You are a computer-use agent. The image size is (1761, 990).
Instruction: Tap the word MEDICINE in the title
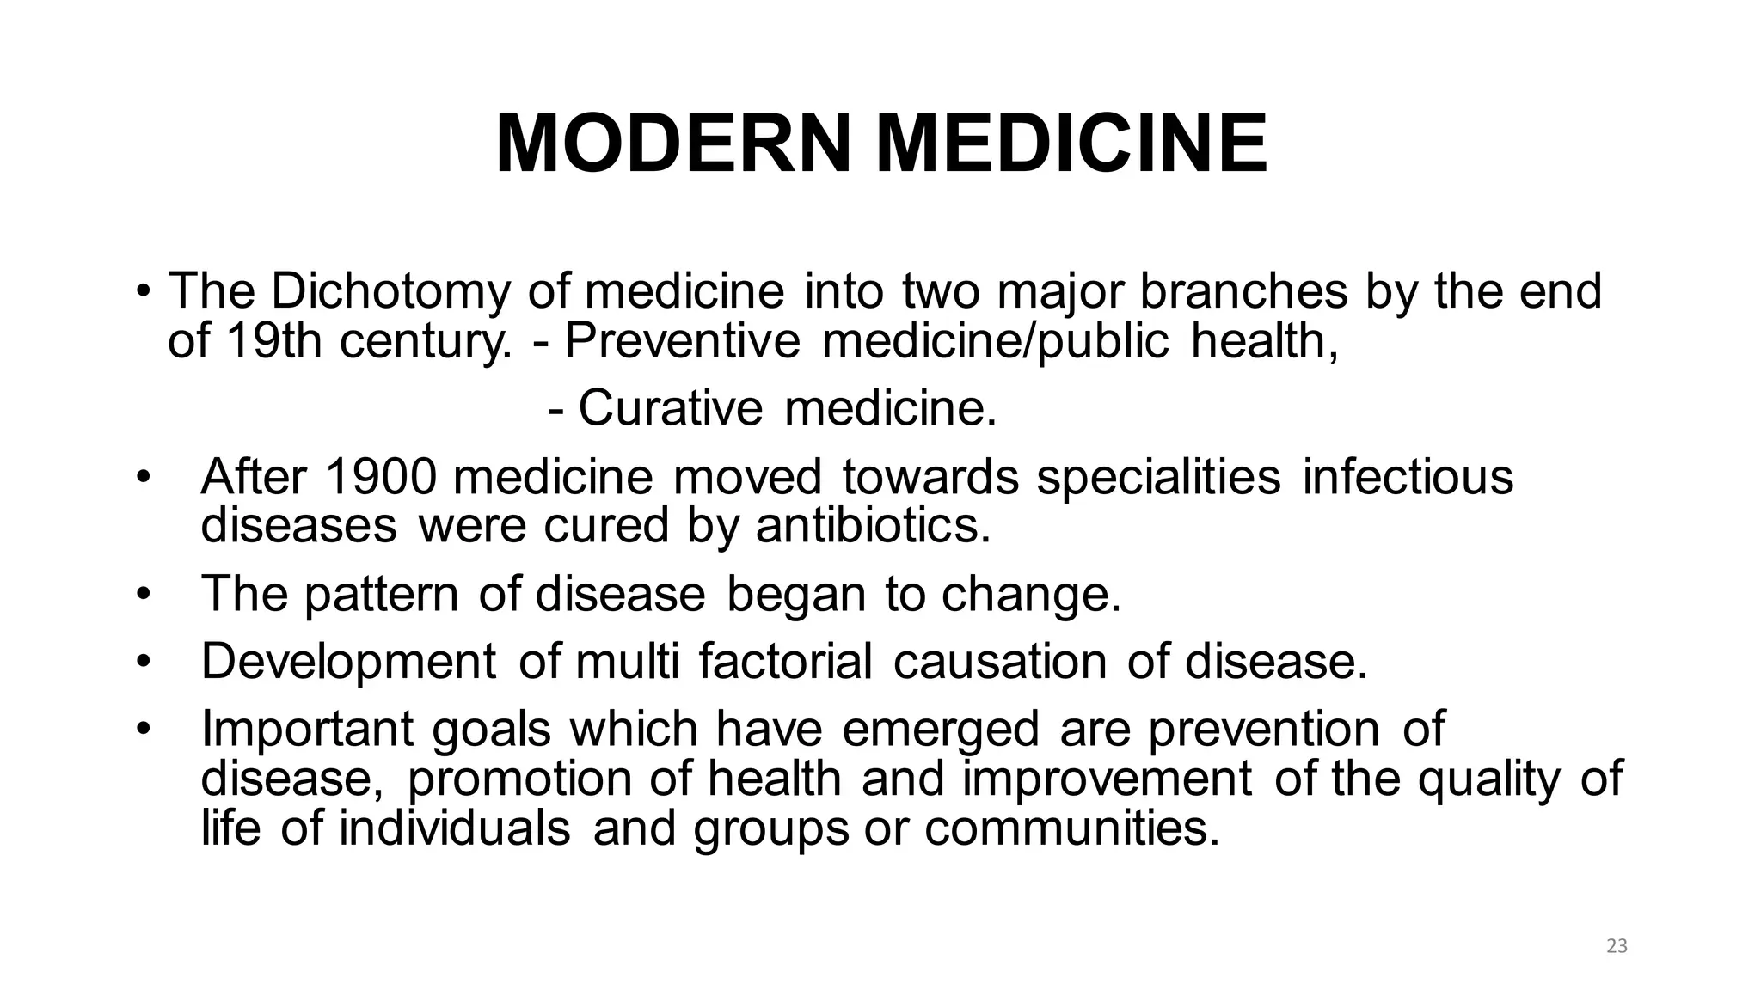(1071, 143)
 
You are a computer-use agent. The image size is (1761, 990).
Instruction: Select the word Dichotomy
(390, 291)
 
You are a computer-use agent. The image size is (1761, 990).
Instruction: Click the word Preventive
(682, 341)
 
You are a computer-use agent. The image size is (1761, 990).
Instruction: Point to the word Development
(348, 661)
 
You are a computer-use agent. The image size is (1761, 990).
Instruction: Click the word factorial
(784, 661)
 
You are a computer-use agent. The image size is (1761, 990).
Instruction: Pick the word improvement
(1107, 779)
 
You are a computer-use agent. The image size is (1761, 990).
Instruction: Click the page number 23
(1617, 947)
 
